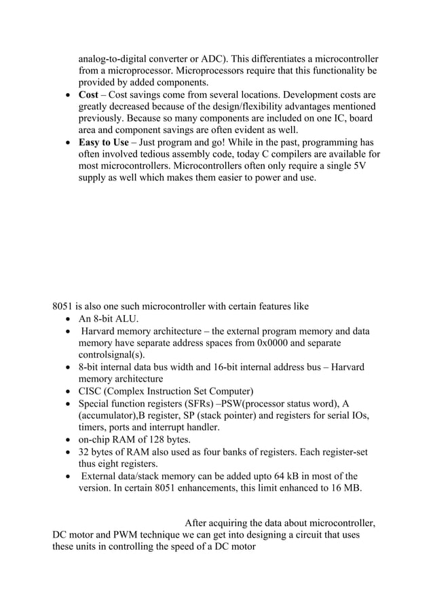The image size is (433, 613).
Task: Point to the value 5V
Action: coord(356,167)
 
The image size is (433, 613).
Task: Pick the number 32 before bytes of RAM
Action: coord(85,452)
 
